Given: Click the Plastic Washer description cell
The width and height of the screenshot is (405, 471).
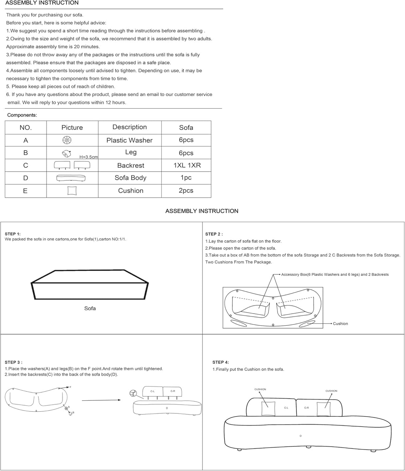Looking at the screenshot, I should (x=129, y=140).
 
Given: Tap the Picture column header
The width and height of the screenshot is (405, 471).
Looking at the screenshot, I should (x=72, y=127).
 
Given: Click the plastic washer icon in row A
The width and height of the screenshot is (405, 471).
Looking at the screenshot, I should (x=67, y=140).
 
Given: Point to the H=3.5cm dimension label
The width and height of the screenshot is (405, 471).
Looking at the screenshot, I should (x=89, y=157).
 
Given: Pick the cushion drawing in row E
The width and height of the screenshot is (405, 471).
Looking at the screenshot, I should (x=72, y=191).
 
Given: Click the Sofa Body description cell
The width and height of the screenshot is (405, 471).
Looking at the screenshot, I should (x=130, y=178).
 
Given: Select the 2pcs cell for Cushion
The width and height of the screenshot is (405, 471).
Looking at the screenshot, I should (x=186, y=190).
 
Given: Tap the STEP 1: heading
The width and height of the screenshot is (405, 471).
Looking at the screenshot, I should (x=13, y=234).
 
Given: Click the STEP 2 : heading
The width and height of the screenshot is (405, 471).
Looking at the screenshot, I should (x=214, y=234).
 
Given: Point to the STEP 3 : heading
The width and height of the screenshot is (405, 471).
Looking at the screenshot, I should (x=13, y=362).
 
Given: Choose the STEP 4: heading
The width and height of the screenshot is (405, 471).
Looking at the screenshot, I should (x=221, y=362).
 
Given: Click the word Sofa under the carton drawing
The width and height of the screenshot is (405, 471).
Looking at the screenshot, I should (x=90, y=308).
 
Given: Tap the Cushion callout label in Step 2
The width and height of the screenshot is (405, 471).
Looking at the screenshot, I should (x=340, y=324).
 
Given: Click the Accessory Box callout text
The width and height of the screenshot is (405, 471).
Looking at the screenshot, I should (x=335, y=274).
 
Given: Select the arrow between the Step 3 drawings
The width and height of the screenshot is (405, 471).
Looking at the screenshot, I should (x=101, y=400).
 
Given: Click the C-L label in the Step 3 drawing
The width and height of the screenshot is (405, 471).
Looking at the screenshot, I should (x=152, y=391).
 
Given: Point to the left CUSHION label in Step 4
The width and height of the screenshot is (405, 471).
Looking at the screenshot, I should (x=260, y=389).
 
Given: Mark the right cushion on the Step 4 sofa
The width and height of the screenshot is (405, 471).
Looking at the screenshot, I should (x=323, y=409).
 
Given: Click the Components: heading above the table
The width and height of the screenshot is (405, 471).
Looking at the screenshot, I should (x=22, y=115).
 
